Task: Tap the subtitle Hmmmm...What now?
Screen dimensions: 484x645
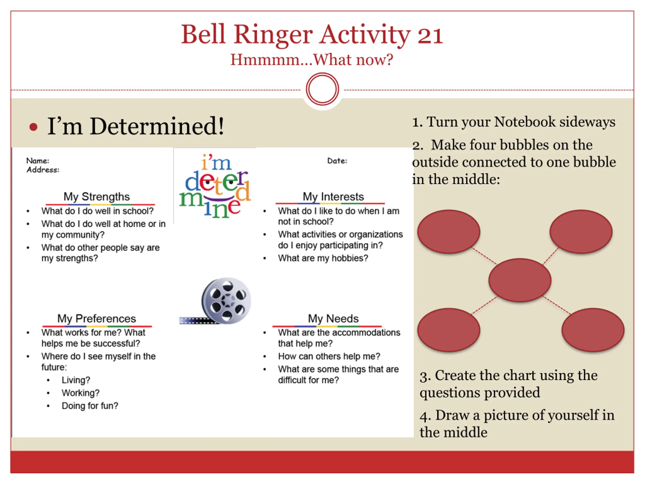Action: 312,60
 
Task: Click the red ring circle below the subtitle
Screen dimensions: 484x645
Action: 322,89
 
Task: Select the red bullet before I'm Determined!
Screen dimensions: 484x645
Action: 34,127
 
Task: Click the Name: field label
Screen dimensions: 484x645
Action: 38,161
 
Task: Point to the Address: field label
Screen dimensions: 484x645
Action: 43,170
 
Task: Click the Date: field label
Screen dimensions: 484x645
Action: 337,161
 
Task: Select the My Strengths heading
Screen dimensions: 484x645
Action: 96,197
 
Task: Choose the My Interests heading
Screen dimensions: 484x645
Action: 333,197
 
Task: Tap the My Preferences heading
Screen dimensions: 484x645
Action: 96,318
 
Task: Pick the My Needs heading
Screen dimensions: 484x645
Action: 333,318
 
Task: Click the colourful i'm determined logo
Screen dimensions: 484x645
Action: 215,187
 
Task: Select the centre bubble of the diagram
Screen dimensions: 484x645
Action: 520,280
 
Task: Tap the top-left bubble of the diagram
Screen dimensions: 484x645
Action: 448,232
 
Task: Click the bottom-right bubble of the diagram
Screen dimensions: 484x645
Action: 593,330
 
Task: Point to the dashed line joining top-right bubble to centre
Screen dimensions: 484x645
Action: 550,256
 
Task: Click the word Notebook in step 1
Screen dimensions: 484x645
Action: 525,122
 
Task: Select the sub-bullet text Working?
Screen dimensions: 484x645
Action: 80,393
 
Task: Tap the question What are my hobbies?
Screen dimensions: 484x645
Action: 323,258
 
